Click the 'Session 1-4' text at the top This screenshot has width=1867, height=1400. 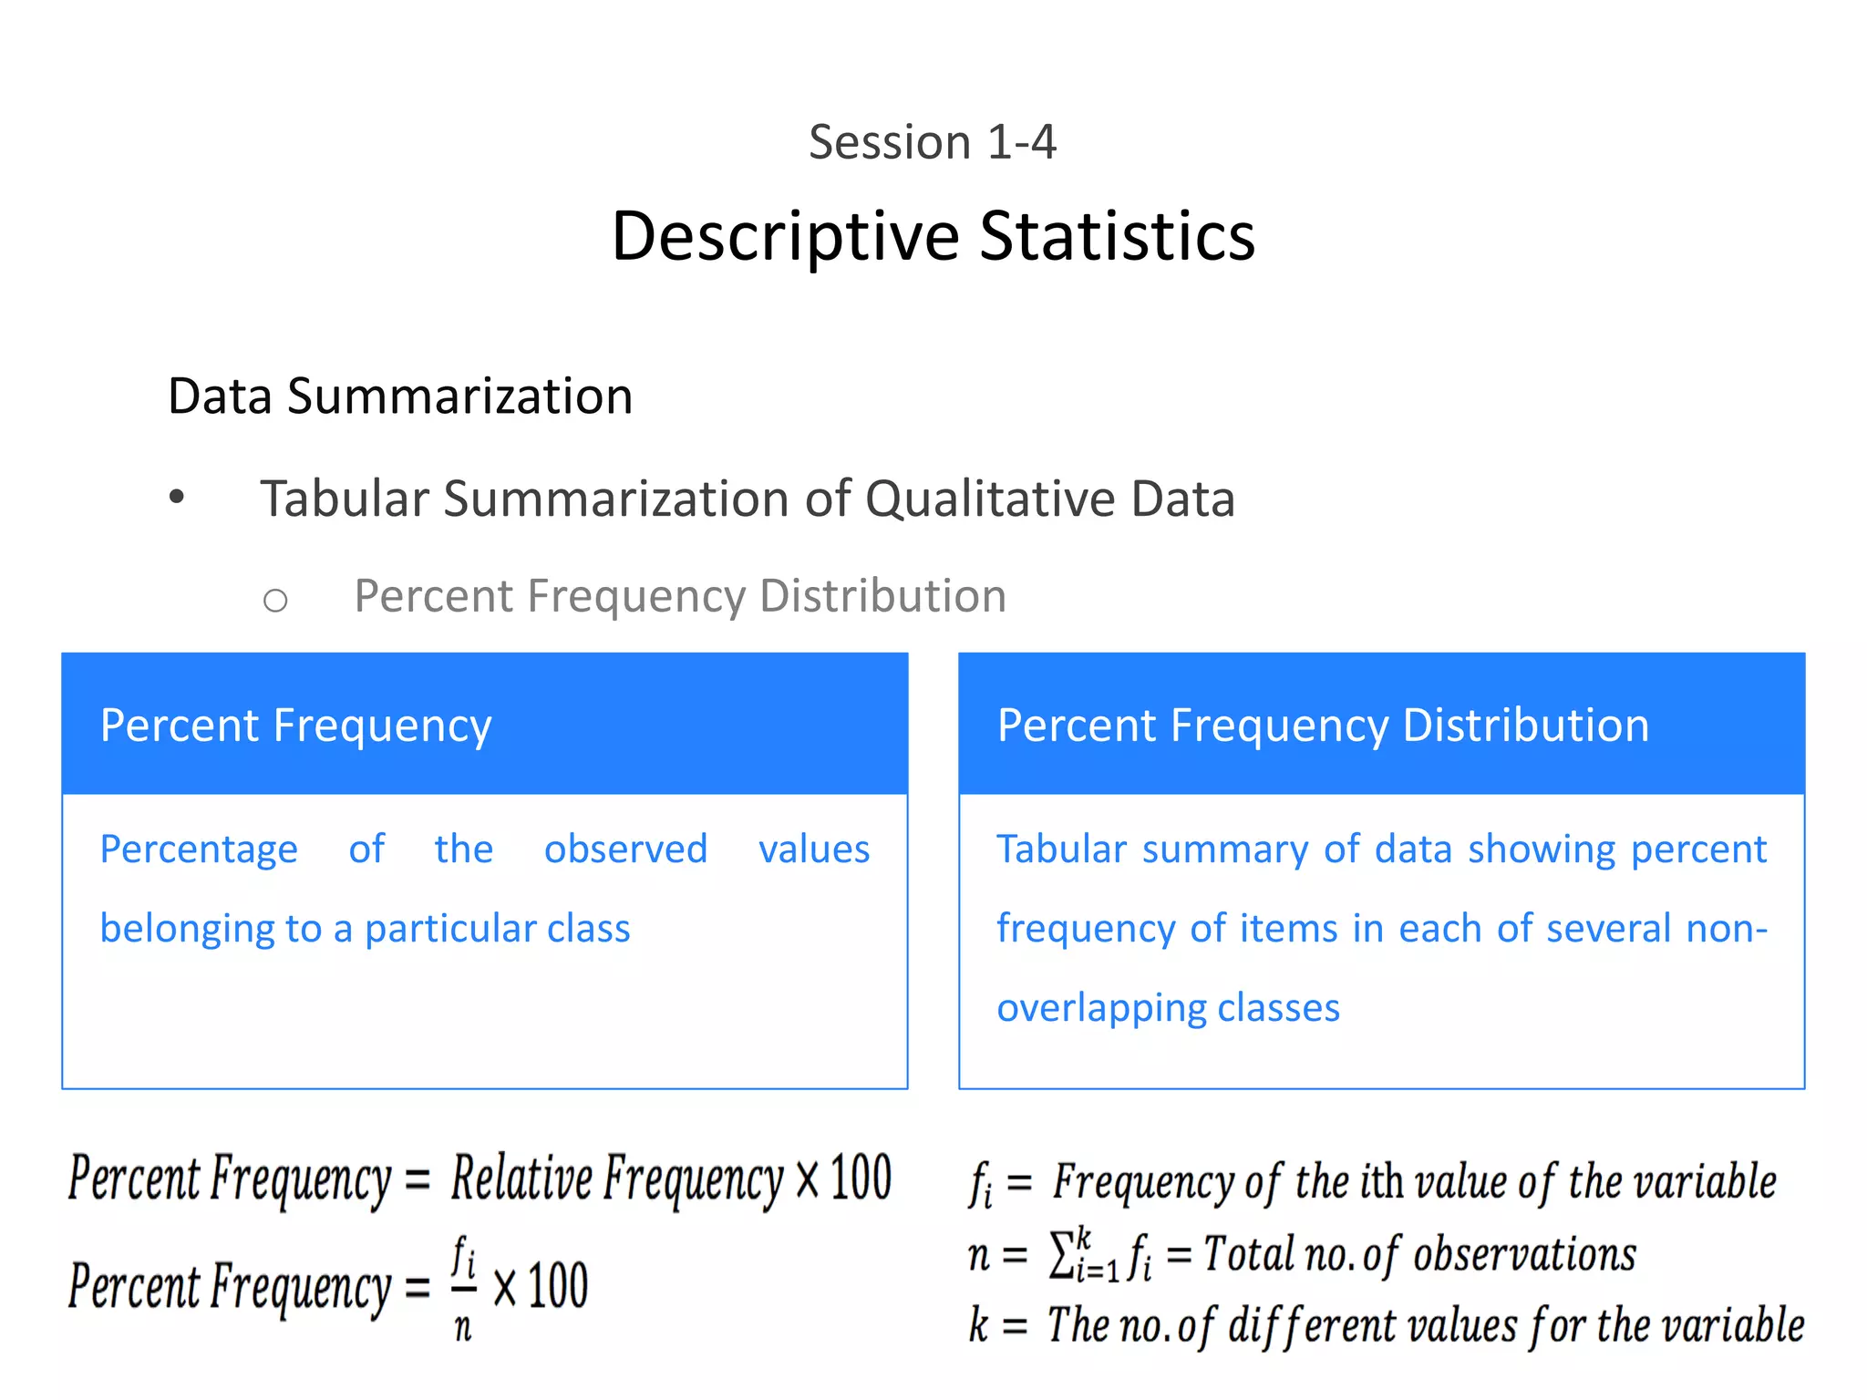tap(932, 142)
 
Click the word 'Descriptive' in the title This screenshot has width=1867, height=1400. tap(785, 237)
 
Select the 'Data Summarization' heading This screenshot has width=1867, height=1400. tap(400, 396)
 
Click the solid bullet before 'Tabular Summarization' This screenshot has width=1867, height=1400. tap(177, 498)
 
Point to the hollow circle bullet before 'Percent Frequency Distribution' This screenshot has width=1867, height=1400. tap(274, 600)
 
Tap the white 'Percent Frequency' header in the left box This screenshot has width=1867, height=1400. tap(295, 726)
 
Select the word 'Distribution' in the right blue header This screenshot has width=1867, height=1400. tap(1525, 726)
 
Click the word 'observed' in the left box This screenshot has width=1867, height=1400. tap(625, 849)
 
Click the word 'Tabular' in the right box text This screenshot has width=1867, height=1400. tap(1061, 849)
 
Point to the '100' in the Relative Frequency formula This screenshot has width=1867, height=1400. tap(861, 1178)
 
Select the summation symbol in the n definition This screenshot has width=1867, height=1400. tap(1061, 1254)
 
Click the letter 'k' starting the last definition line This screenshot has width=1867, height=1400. tap(978, 1325)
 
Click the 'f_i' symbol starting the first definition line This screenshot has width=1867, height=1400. tap(980, 1183)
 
